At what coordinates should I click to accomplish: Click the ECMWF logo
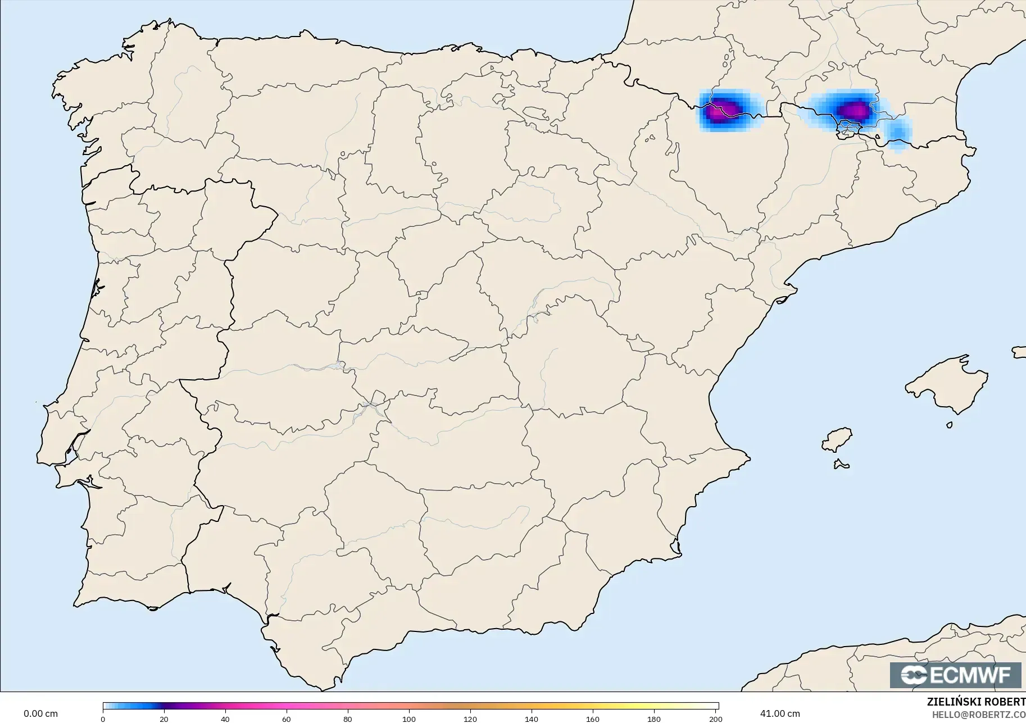[955, 675]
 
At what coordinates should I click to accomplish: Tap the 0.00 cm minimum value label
[40, 713]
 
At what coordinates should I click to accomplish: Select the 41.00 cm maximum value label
[780, 713]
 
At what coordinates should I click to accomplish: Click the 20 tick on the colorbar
[164, 719]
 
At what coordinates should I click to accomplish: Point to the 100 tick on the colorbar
[409, 719]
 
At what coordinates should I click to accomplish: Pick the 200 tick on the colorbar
[715, 719]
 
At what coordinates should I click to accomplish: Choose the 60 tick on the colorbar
[287, 719]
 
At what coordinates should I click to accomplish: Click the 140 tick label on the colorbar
[532, 719]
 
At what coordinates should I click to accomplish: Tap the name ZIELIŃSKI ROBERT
[976, 702]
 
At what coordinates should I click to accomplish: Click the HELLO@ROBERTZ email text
[978, 715]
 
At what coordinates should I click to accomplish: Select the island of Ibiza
[837, 440]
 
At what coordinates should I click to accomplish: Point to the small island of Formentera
[841, 464]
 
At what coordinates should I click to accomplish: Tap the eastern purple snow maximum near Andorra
[854, 109]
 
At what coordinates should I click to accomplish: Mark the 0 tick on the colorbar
[103, 719]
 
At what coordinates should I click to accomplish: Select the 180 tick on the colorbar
[654, 719]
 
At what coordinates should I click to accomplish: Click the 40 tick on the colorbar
[225, 719]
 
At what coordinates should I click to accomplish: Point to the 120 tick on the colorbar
[470, 719]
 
